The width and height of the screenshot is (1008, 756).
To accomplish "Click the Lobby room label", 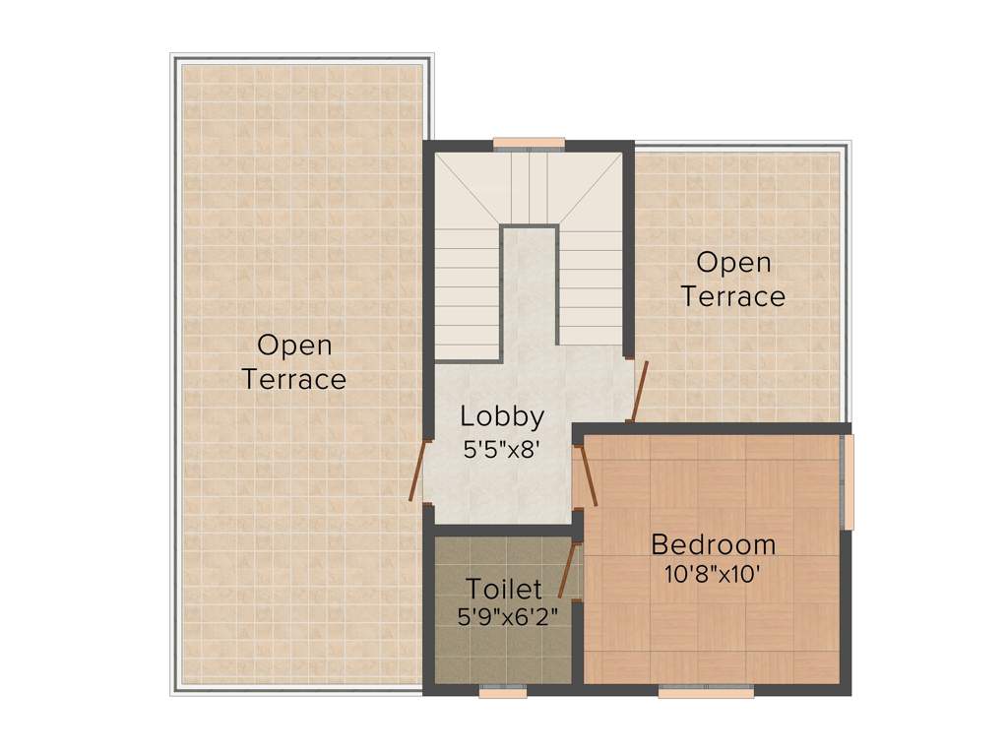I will pos(502,416).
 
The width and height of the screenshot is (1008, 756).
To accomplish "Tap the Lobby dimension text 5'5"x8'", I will pos(502,449).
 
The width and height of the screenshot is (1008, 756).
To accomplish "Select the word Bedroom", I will pos(713,544).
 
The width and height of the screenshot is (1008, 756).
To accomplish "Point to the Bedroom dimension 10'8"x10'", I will pos(713,573).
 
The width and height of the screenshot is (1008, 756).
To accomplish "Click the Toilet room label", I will pos(503,590).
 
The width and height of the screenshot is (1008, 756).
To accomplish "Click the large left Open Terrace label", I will pos(294,361).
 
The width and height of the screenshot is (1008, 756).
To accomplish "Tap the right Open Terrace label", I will pos(733,279).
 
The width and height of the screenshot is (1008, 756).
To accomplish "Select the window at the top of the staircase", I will pos(529,143).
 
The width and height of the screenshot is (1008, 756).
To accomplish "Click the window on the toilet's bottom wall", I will pos(503,692).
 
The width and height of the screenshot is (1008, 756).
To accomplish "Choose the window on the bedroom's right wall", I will pos(849,481).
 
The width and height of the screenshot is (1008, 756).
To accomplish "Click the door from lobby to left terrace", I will pos(419,470).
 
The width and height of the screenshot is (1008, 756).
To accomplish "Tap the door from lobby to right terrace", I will pos(640,392).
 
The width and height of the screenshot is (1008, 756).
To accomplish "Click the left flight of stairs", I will pos(467,295).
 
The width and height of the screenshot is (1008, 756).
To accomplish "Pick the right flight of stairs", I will pos(591,290).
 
